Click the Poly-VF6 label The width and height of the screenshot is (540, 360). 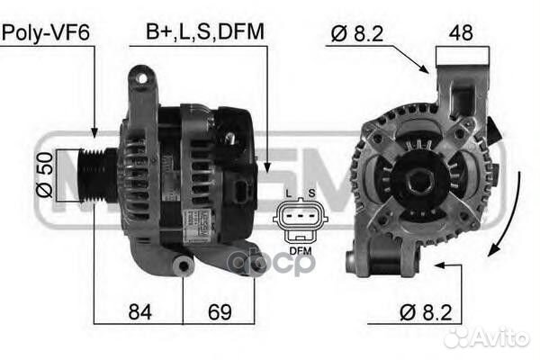click(x=46, y=33)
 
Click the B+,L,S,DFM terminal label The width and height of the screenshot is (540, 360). click(x=205, y=31)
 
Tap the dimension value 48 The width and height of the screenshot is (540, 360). click(x=461, y=32)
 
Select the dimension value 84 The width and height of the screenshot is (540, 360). click(x=139, y=312)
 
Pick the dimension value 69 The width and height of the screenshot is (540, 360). click(x=220, y=312)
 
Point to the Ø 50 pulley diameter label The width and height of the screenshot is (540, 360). click(x=45, y=175)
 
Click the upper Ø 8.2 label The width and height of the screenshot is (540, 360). click(x=357, y=34)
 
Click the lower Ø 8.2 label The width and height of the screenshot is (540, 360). click(x=426, y=313)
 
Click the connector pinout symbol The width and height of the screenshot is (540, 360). click(x=301, y=220)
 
